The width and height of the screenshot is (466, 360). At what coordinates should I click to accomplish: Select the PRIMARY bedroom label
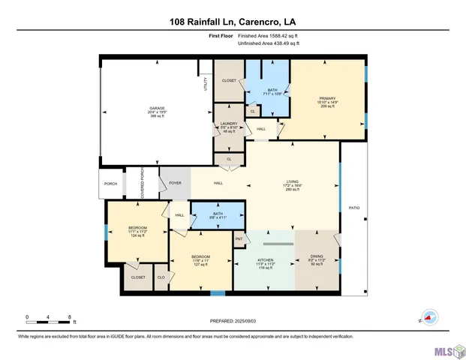[326, 97]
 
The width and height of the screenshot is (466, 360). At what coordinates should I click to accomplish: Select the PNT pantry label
[239, 240]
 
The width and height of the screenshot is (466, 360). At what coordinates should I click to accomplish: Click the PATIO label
[353, 208]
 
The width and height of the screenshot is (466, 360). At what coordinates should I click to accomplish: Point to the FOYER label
[175, 182]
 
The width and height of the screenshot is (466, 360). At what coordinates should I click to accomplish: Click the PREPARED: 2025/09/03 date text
[233, 320]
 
